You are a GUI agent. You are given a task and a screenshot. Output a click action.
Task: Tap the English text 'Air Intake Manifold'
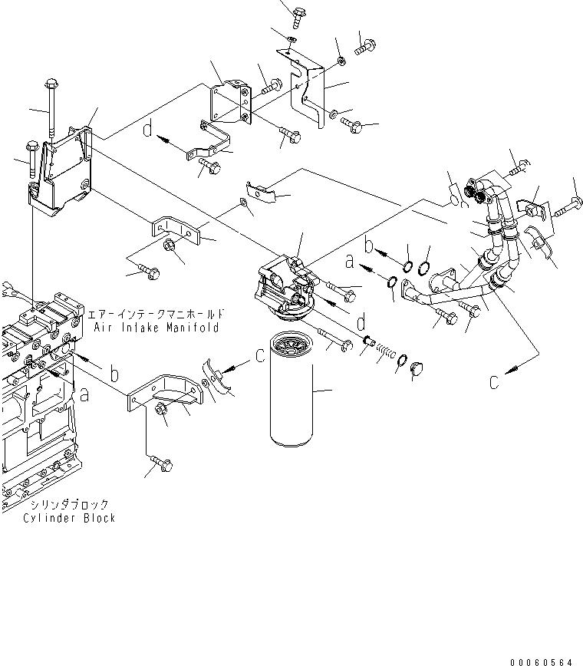click(x=156, y=328)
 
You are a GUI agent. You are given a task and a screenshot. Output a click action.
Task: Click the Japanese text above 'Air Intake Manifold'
click(x=156, y=315)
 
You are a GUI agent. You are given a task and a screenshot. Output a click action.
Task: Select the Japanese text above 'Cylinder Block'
click(x=70, y=505)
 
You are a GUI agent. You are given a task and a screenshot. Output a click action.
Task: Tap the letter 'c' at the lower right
click(x=496, y=381)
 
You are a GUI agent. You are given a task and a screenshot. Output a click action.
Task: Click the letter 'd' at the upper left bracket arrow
click(x=148, y=131)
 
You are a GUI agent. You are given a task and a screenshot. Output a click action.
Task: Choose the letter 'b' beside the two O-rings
click(x=369, y=246)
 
